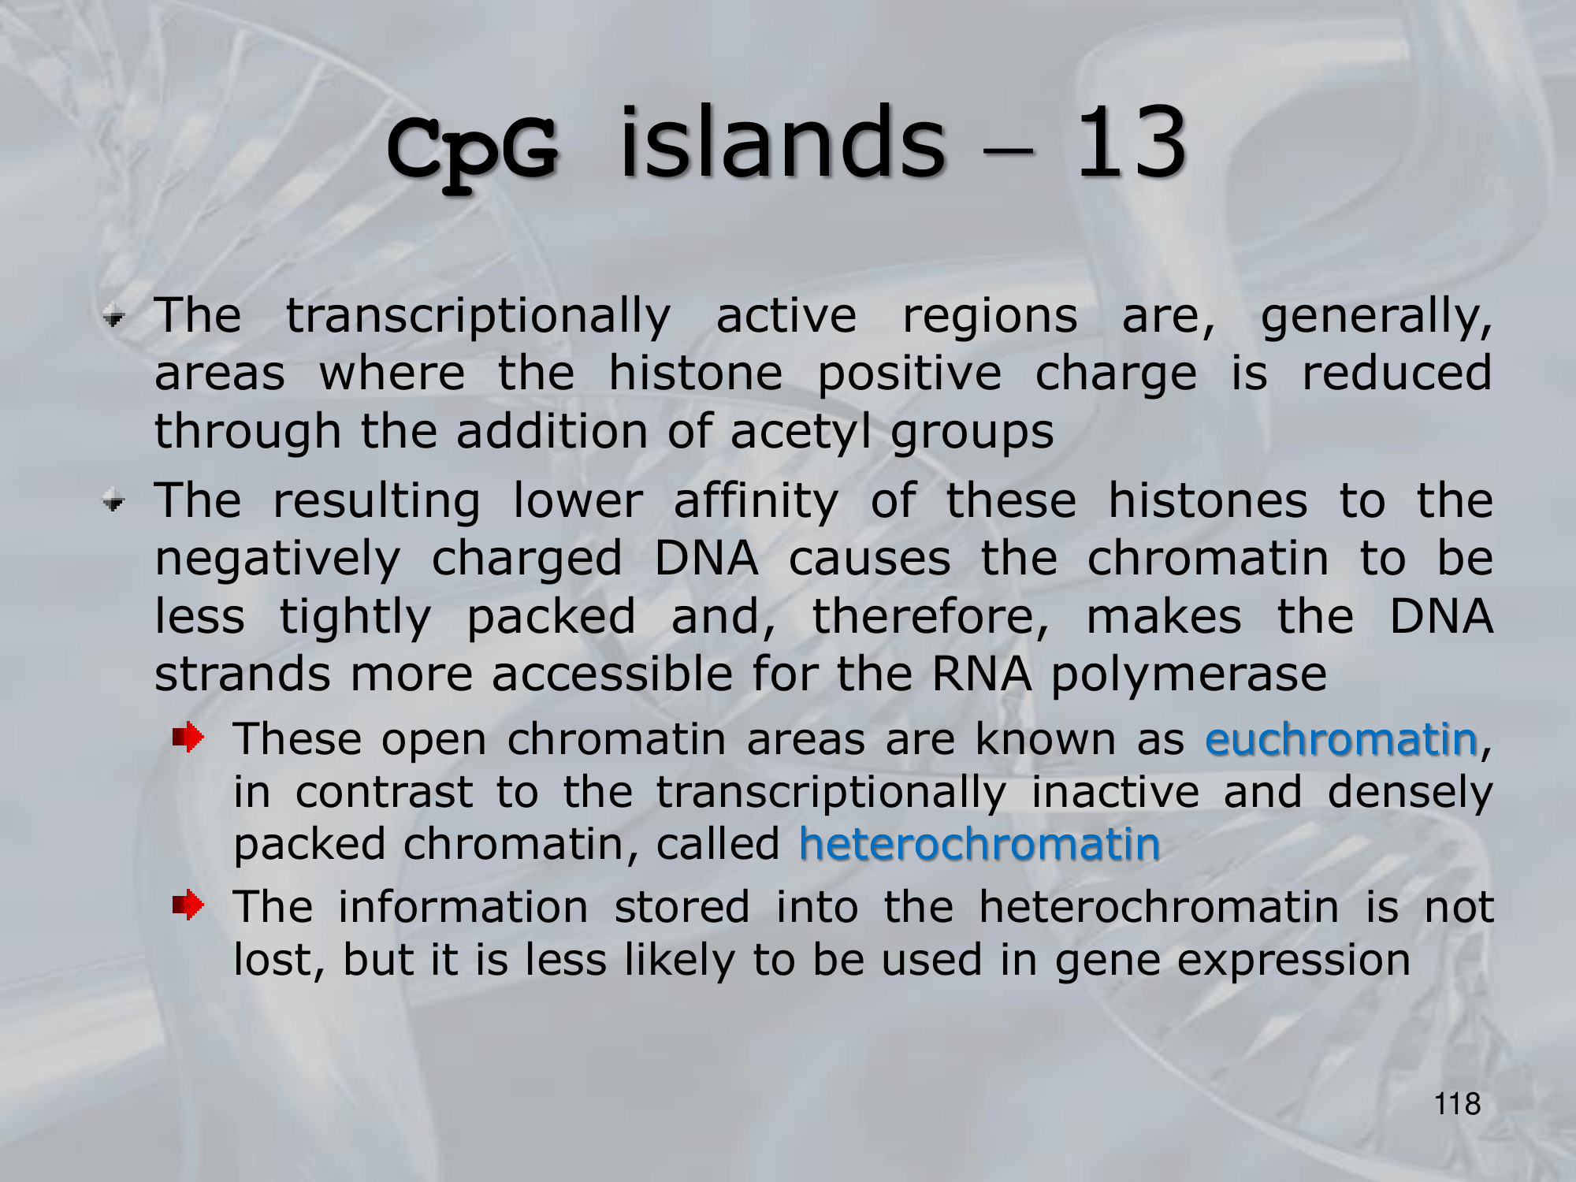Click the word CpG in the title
473,150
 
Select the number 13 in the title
1131,142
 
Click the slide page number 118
1457,1104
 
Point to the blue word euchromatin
1341,739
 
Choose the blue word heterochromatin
979,844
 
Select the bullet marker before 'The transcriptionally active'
114,318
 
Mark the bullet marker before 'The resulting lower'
114,502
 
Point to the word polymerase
1189,675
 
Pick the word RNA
981,675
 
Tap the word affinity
756,502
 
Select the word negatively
277,559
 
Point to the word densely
1411,793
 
